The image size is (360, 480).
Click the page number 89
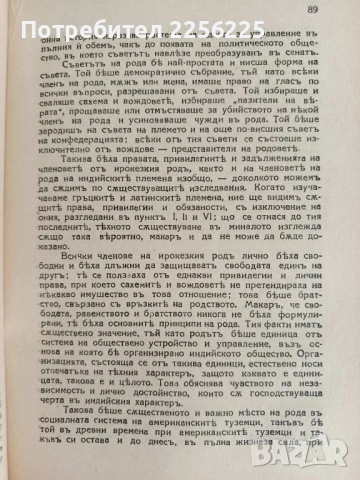pos(327,9)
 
